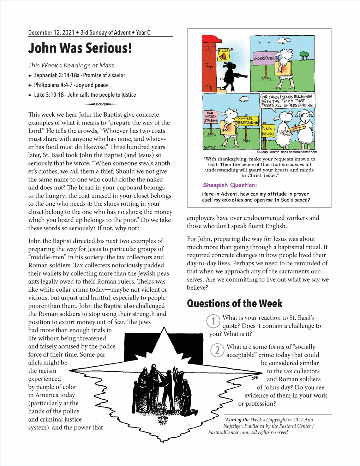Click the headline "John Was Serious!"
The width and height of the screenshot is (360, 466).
(x=80, y=48)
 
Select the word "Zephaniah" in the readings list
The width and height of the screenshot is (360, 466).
(x=46, y=75)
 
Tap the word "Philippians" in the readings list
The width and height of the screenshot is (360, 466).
(x=47, y=85)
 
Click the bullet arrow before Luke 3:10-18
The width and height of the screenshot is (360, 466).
(x=30, y=95)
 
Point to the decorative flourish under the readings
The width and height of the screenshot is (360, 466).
(x=101, y=104)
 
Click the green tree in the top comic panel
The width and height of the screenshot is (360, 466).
(x=303, y=55)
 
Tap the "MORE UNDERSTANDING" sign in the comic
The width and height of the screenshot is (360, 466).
(x=211, y=117)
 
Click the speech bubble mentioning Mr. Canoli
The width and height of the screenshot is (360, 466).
(x=287, y=101)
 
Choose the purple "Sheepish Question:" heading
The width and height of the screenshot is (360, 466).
(x=230, y=185)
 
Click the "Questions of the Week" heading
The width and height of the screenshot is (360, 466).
(x=235, y=303)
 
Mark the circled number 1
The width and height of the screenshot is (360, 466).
(x=213, y=321)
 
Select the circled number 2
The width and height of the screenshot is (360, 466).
(x=217, y=350)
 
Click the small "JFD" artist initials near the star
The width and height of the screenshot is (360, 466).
(x=255, y=378)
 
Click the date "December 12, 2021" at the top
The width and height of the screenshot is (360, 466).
(x=51, y=33)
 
